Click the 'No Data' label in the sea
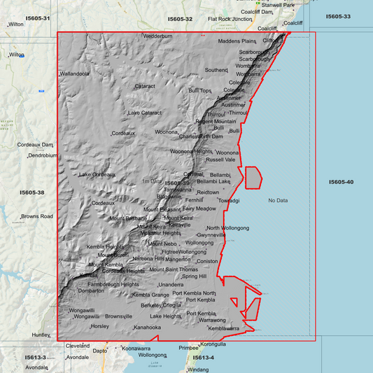coord(278,201)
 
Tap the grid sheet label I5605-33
coord(338,16)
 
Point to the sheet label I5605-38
coord(32,192)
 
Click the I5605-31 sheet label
coord(37,18)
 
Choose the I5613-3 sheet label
coord(35,358)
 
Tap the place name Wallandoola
coord(74,73)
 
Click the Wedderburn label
coord(157,36)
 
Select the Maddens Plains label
coord(238,41)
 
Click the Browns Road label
coord(36,216)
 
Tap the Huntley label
coord(41,335)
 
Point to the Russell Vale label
coord(220,160)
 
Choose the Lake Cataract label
coord(144,113)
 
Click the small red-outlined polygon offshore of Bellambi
coord(253,178)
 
